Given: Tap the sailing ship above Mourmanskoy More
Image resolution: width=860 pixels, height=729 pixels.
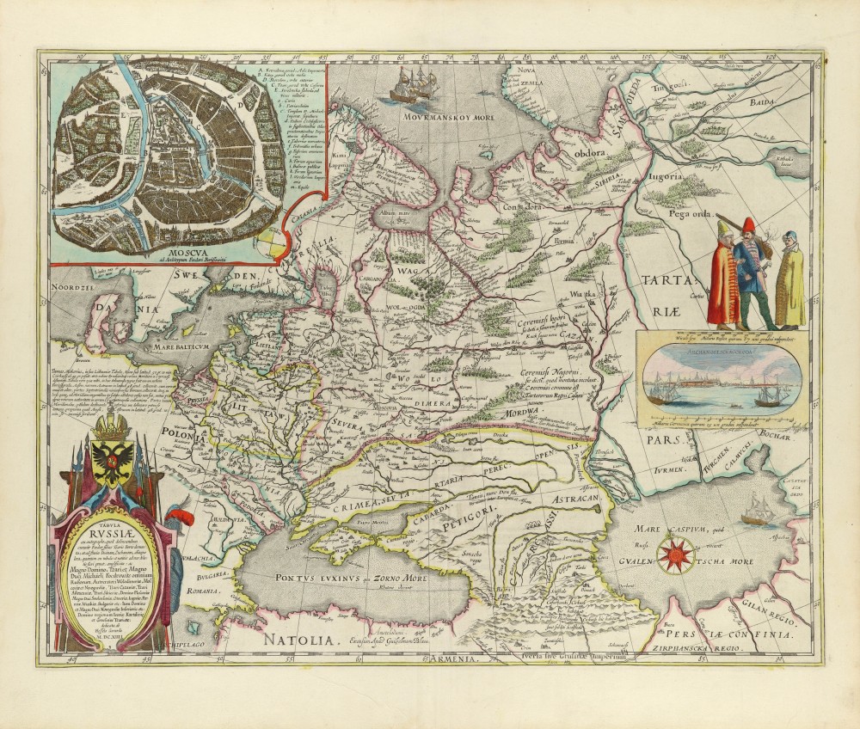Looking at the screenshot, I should point(412,83).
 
